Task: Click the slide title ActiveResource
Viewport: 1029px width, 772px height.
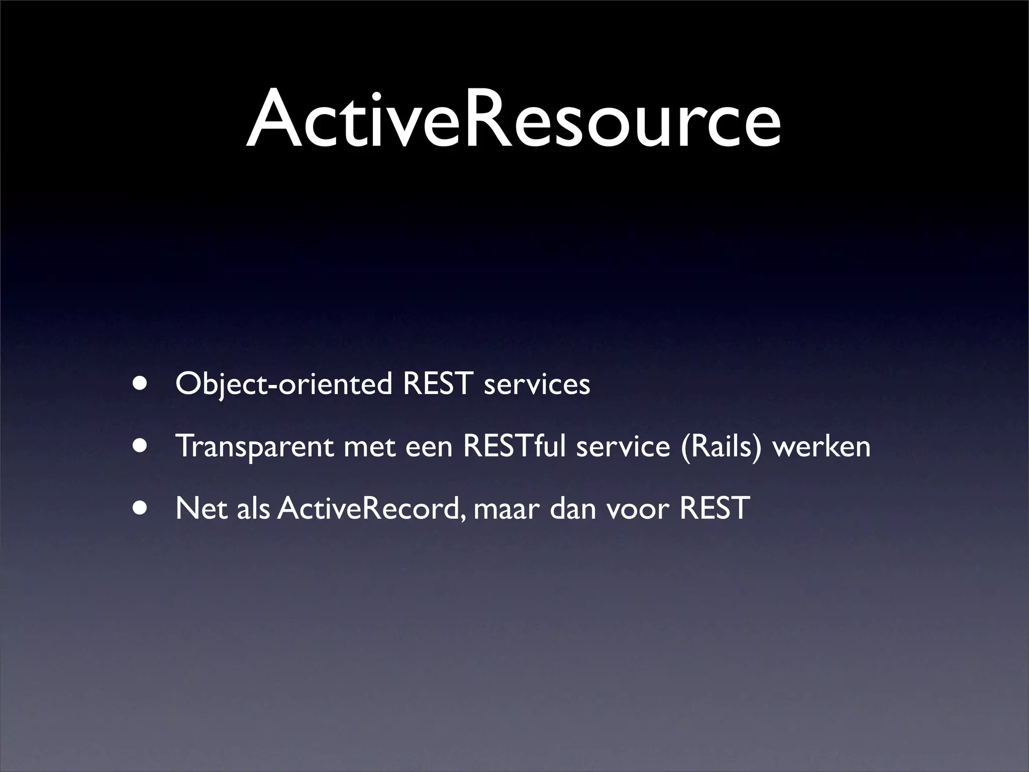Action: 513,120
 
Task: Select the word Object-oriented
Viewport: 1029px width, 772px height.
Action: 283,385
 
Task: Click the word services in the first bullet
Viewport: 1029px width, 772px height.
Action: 537,385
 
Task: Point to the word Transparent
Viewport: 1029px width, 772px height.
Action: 254,446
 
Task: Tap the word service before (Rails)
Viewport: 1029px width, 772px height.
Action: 623,446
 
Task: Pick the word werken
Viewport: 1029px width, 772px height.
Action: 821,446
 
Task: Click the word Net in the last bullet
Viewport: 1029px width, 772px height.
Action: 200,508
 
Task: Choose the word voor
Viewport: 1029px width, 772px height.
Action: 638,509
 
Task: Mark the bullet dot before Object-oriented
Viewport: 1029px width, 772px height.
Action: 141,384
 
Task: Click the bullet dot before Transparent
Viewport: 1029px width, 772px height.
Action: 141,446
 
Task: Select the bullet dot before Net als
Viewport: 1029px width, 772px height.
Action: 141,508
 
